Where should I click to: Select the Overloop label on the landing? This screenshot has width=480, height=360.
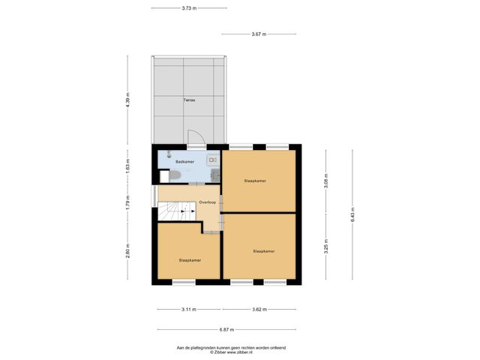click(x=207, y=202)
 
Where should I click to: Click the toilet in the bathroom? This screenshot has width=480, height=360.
click(x=172, y=175)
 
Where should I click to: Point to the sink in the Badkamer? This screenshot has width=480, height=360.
click(x=213, y=159)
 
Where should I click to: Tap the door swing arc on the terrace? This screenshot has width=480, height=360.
click(x=195, y=138)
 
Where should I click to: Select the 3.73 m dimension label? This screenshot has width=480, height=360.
click(x=189, y=8)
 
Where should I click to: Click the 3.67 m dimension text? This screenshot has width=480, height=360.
click(x=259, y=34)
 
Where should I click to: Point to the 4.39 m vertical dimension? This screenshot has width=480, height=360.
click(x=128, y=103)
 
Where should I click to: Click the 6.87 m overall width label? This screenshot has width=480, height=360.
click(x=226, y=330)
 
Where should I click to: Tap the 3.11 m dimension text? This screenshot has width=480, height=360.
click(x=189, y=309)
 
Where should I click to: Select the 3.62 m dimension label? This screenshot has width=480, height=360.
click(x=259, y=309)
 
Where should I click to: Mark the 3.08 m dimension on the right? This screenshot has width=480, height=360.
click(x=325, y=181)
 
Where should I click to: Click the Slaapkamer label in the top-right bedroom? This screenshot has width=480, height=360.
click(x=256, y=181)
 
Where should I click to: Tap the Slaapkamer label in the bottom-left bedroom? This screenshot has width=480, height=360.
click(x=190, y=260)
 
